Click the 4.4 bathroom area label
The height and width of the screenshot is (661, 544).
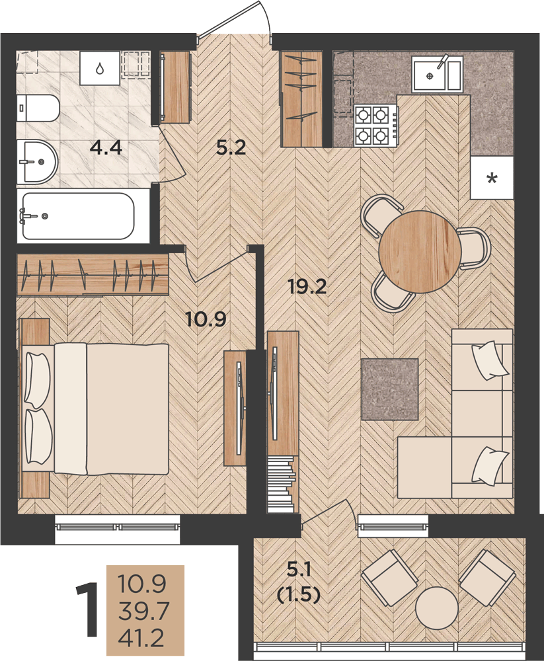[x=106, y=148]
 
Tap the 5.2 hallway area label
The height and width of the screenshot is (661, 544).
[x=231, y=147]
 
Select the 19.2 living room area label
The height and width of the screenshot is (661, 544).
[x=307, y=287]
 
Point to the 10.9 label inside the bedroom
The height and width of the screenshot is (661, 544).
[x=206, y=319]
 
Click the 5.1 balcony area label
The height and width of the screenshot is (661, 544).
[x=299, y=570]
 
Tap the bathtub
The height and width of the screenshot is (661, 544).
[x=79, y=216]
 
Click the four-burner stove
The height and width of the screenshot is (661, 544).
[x=376, y=126]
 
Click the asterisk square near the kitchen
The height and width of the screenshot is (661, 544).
[x=492, y=177]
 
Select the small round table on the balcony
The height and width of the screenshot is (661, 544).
[x=436, y=607]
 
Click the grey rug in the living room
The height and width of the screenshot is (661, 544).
[x=390, y=389]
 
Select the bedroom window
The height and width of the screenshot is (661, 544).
[x=118, y=527]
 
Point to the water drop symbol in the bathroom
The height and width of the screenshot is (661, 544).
[x=100, y=68]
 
